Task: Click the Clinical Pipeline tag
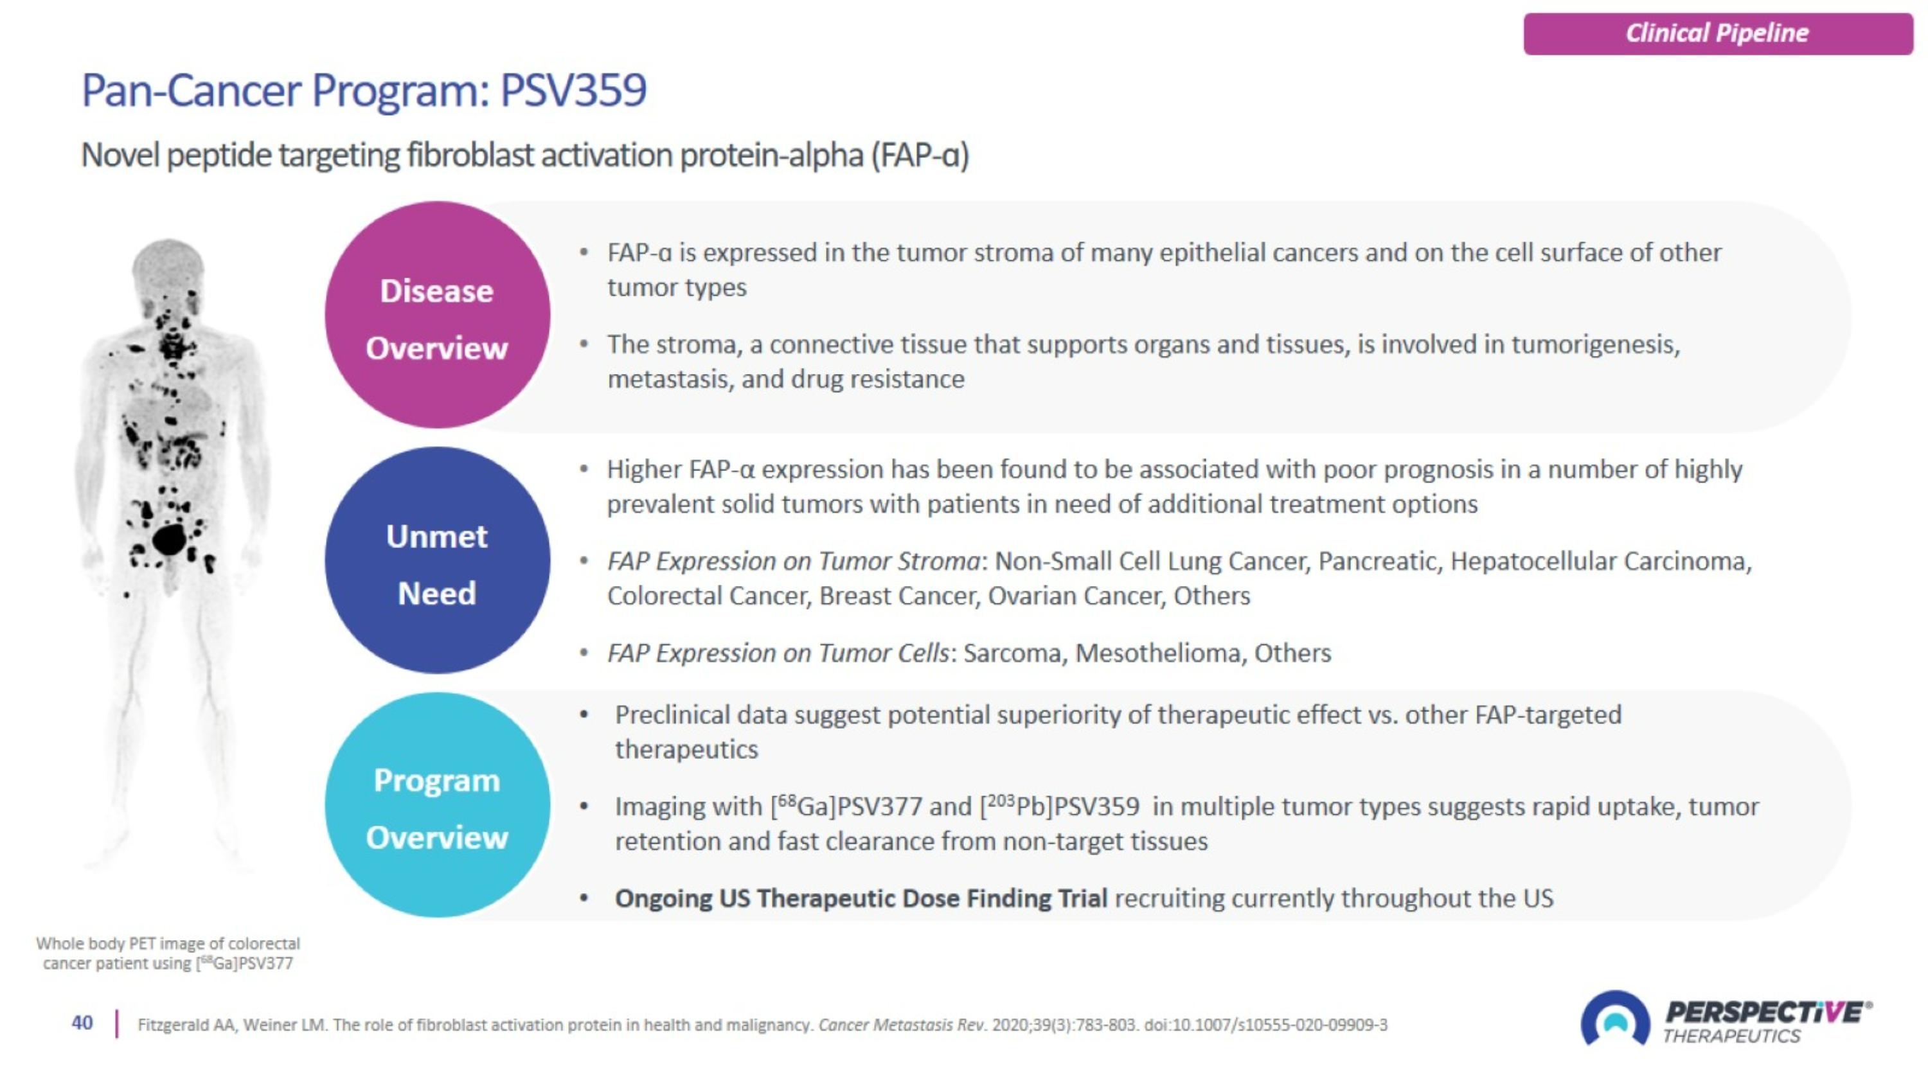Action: [1718, 33]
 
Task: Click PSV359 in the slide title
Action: [573, 91]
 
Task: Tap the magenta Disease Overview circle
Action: [437, 315]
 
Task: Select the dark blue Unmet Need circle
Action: [437, 560]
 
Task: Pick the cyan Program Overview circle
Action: [437, 806]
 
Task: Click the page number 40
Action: [82, 1023]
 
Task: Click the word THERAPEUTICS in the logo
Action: [1731, 1036]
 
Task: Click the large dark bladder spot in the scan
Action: [169, 538]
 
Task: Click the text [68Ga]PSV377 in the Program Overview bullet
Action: [846, 806]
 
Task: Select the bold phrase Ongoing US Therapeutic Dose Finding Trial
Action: [861, 898]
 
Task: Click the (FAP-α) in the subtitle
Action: [920, 155]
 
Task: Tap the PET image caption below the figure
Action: [168, 953]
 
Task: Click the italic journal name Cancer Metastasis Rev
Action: [902, 1024]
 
